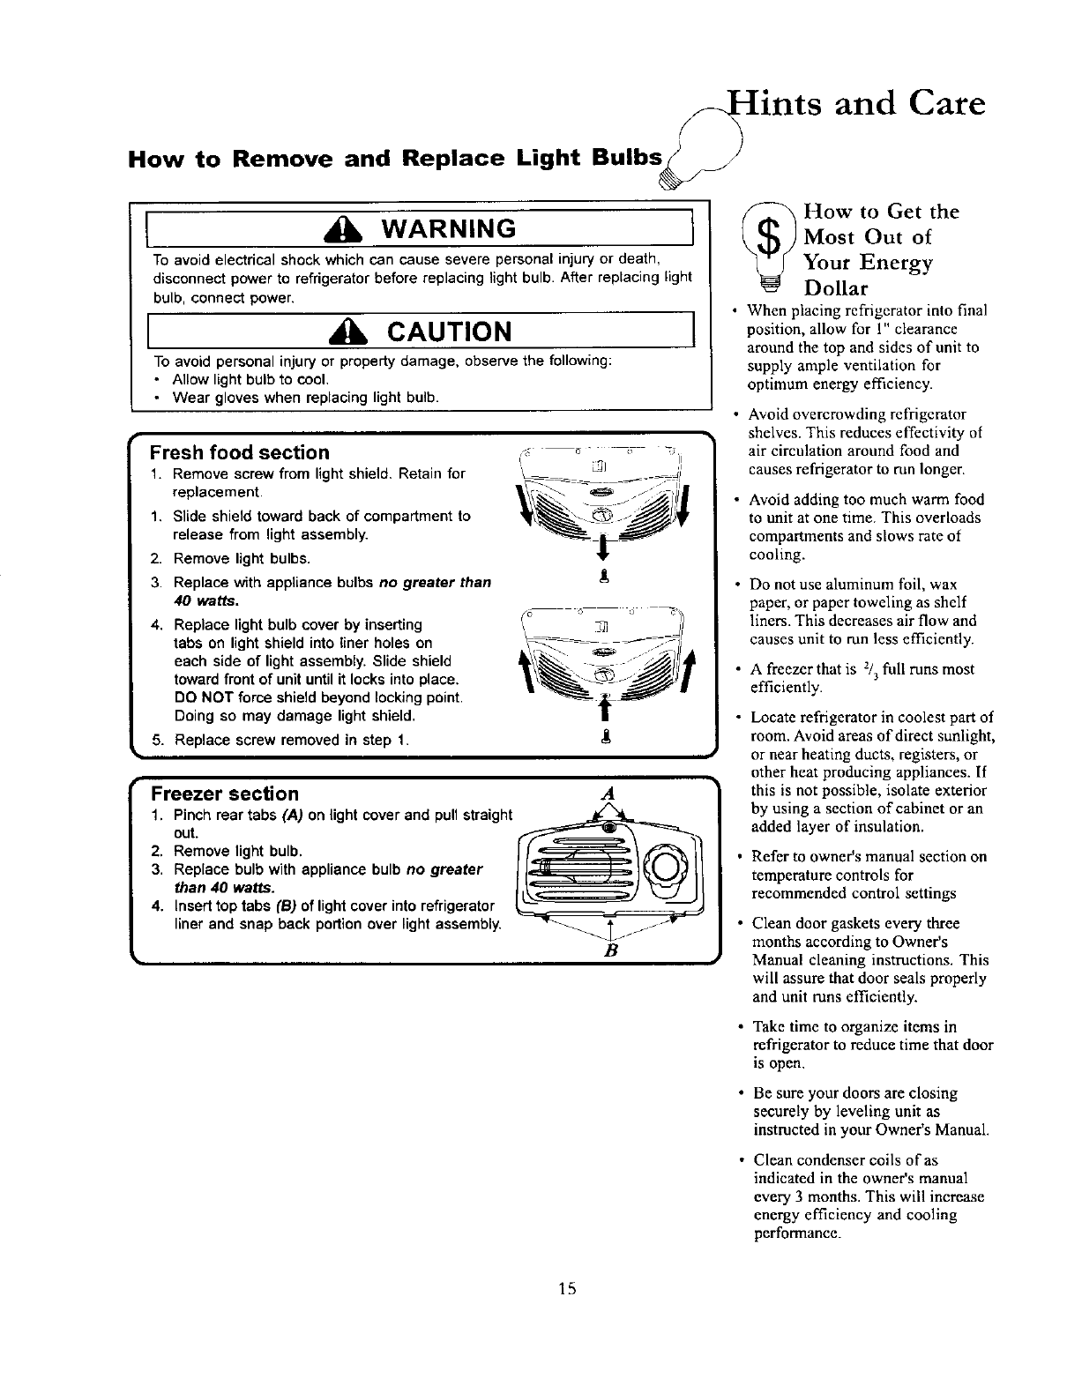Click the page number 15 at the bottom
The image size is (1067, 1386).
click(566, 1290)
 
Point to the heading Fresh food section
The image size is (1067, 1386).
click(239, 452)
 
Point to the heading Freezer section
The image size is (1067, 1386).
click(224, 794)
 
